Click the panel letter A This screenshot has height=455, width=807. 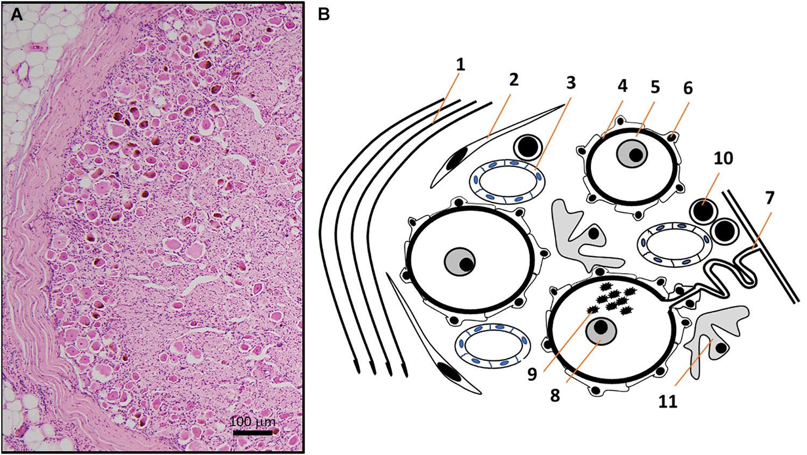coord(17,15)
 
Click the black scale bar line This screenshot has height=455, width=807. coord(252,432)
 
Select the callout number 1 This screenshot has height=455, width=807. coord(460,65)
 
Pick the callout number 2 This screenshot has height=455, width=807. coord(514,80)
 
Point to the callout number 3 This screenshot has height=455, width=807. coord(571,82)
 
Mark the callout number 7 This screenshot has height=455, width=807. coord(770,198)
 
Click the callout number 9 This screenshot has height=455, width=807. coord(532,374)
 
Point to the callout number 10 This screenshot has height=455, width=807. coord(724,158)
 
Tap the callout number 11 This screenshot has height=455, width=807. coord(668,401)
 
